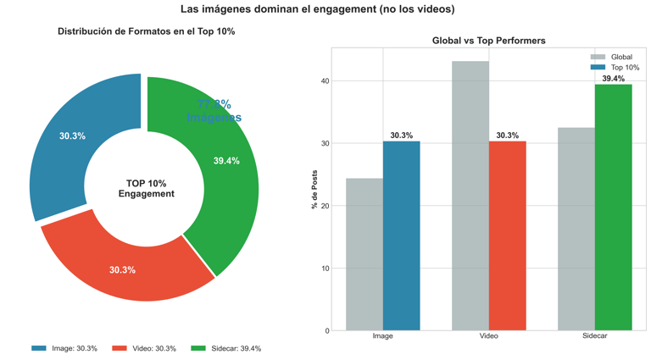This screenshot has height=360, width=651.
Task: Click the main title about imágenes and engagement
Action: pos(317,9)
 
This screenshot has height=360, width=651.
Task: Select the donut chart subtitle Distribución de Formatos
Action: pos(146,31)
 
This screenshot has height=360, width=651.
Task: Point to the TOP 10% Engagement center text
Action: pos(146,188)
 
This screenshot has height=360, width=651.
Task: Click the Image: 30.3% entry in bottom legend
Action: pos(64,348)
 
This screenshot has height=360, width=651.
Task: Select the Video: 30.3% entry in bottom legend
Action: pos(144,348)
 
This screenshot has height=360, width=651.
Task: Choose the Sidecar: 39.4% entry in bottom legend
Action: pos(226,348)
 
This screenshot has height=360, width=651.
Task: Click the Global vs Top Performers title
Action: pos(488,41)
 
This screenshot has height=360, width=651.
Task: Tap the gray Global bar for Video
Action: pos(470,195)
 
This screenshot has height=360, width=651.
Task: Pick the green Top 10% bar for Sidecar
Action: pos(613,208)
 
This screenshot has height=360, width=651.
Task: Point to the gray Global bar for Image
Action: pos(364,254)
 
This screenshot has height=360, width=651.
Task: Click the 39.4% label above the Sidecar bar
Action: pos(613,79)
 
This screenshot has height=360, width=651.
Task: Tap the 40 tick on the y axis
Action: pos(325,81)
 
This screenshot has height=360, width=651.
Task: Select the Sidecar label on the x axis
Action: pos(594,336)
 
